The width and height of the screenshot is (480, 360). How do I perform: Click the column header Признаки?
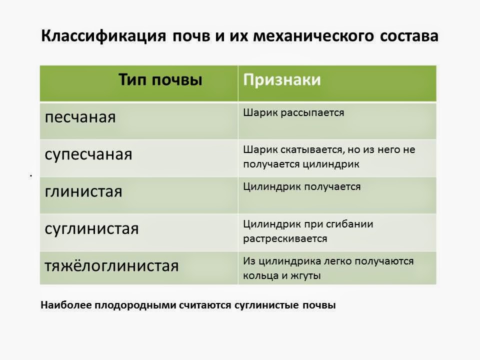(x=282, y=80)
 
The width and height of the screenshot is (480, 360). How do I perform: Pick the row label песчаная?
(x=80, y=117)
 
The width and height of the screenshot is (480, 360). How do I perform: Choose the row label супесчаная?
(x=88, y=154)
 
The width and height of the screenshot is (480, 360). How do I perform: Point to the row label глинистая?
(x=83, y=191)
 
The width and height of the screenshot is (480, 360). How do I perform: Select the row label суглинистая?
(x=91, y=229)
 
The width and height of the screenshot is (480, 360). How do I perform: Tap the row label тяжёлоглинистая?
(x=111, y=265)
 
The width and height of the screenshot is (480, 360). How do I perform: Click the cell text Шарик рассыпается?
(x=293, y=112)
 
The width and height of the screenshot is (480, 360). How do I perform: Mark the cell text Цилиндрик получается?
(x=301, y=186)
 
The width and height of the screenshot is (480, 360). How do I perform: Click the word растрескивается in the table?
(x=285, y=238)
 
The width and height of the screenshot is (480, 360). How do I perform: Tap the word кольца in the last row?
(x=258, y=275)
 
